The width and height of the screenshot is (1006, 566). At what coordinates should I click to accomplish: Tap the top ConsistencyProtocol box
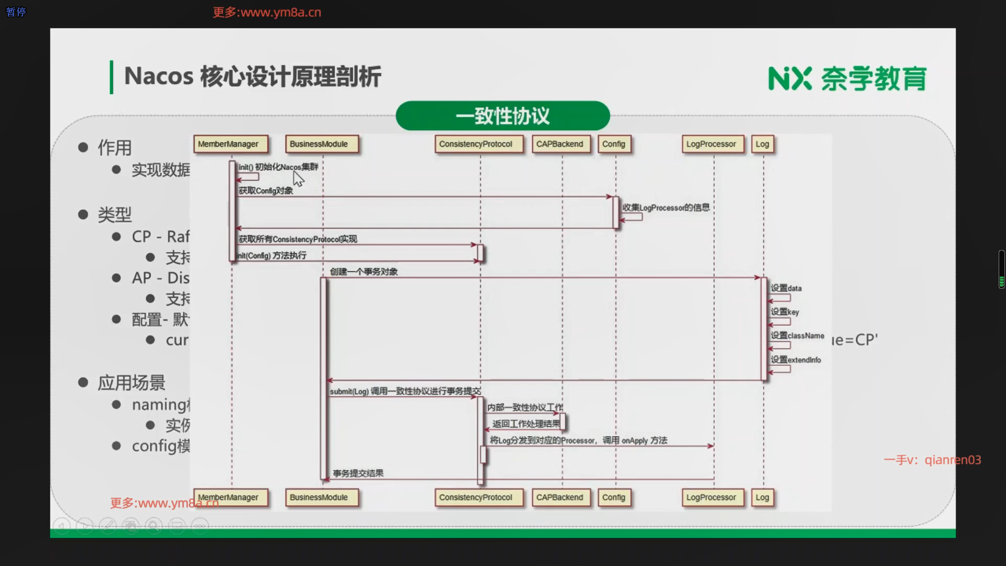coord(478,144)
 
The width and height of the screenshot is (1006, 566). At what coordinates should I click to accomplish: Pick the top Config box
coord(614,144)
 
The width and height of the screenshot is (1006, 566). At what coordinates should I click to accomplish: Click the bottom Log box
coord(763,497)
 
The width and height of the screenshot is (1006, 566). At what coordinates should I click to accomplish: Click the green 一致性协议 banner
coord(502,116)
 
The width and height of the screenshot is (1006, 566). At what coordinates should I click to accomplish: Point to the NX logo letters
coord(790,79)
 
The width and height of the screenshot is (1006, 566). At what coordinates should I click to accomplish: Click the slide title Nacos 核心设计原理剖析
coord(253,77)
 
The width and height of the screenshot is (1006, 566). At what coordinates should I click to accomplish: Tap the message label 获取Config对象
coord(266,191)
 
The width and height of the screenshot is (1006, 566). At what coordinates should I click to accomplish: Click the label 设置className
coord(797,336)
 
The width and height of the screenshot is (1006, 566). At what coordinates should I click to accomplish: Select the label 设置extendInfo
coord(795,360)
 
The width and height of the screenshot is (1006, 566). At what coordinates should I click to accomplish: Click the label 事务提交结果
coord(358,474)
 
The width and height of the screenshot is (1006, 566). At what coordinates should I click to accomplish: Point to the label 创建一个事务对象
coord(364,272)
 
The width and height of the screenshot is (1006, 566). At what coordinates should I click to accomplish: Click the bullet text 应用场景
coord(131,383)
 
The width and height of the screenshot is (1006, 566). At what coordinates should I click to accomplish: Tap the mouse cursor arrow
coord(298,179)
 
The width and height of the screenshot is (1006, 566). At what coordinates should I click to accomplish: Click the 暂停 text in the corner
coord(16,12)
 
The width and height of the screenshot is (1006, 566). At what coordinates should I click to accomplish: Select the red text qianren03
coord(953,460)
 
